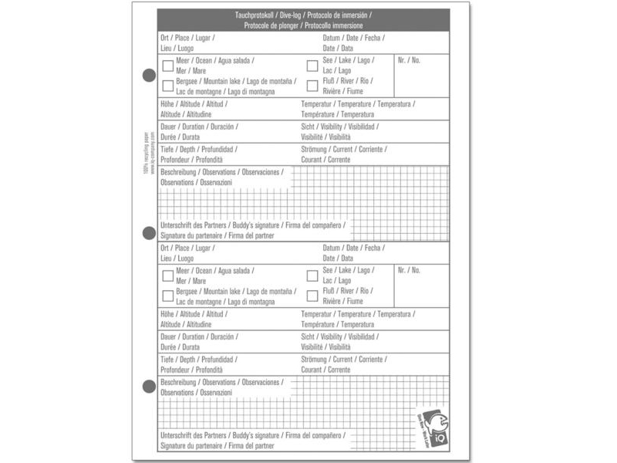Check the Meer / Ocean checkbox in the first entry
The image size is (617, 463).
tap(167, 66)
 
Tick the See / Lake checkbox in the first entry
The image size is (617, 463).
tap(312, 66)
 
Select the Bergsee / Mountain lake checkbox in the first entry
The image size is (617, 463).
tap(167, 86)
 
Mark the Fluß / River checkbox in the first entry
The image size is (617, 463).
tap(312, 86)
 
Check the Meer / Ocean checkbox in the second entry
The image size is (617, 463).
tap(167, 275)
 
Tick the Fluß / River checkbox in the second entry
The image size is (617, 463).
tap(312, 296)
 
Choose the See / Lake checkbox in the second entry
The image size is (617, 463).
tap(312, 275)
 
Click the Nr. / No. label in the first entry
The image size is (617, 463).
tap(409, 60)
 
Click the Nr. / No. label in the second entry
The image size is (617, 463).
tap(409, 270)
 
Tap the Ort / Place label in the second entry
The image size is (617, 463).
tap(175, 248)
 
